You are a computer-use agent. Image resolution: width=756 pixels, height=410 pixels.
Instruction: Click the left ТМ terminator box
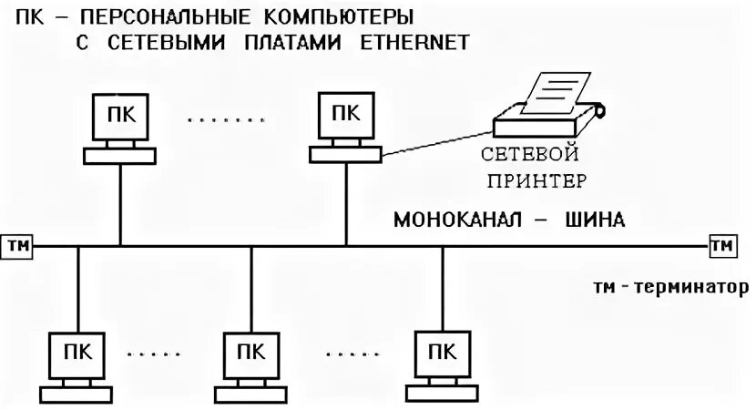pyautogui.click(x=18, y=245)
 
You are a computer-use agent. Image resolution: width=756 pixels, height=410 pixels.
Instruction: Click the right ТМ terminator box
pyautogui.click(x=722, y=245)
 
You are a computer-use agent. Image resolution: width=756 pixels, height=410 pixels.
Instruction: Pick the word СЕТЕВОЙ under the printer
pyautogui.click(x=532, y=155)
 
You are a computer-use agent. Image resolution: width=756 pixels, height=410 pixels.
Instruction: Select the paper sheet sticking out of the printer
pyautogui.click(x=559, y=92)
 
